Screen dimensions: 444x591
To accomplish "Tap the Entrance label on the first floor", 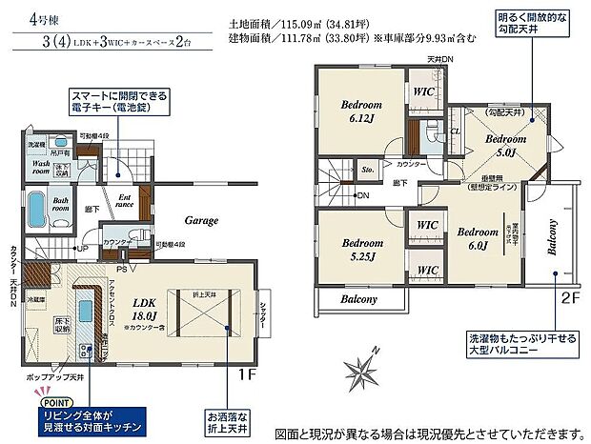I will click(124, 200).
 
